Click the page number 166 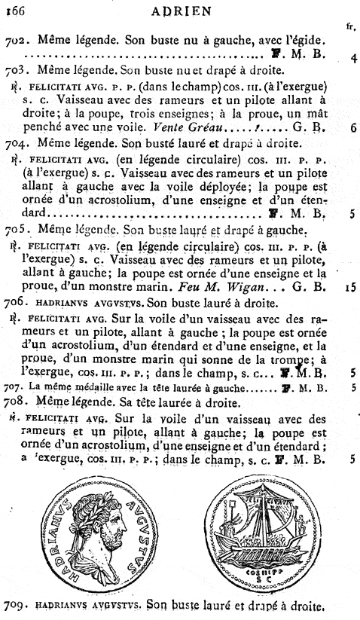[x=15, y=11]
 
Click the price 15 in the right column [x=351, y=286]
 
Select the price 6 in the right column [x=352, y=127]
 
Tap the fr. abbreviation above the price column [x=350, y=25]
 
